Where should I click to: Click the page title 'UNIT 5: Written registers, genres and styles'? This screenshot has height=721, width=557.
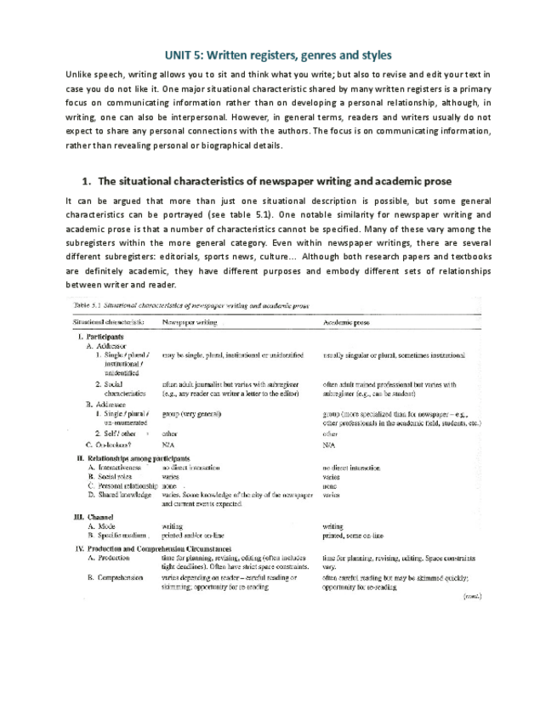(x=278, y=55)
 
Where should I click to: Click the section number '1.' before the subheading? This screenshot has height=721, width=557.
(x=86, y=181)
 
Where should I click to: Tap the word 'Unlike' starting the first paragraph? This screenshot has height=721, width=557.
(x=78, y=75)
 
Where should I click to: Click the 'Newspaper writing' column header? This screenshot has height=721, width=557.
(x=189, y=322)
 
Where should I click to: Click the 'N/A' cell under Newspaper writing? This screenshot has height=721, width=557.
(x=168, y=444)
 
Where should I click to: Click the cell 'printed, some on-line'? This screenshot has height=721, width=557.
(x=353, y=536)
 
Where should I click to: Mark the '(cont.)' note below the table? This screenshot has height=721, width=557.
(x=473, y=596)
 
